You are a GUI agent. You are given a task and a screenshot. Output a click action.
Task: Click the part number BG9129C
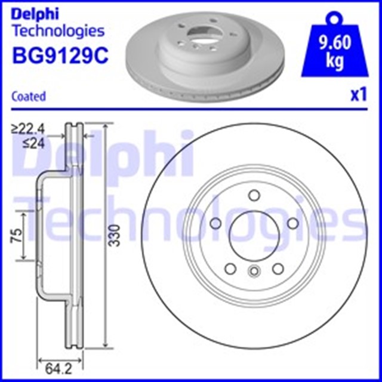(60, 56)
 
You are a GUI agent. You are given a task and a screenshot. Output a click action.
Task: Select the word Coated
(29, 96)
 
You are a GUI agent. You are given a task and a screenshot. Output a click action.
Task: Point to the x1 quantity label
(358, 95)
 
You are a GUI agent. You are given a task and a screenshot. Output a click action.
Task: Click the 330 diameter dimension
(114, 235)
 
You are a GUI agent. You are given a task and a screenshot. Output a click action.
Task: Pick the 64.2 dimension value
(59, 369)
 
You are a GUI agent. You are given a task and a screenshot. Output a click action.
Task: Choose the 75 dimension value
(16, 235)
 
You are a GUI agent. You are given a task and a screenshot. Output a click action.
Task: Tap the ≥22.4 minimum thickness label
(28, 130)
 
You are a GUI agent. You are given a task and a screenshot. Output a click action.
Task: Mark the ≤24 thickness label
(34, 143)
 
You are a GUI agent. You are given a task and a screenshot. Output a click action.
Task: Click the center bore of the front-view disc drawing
(254, 236)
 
